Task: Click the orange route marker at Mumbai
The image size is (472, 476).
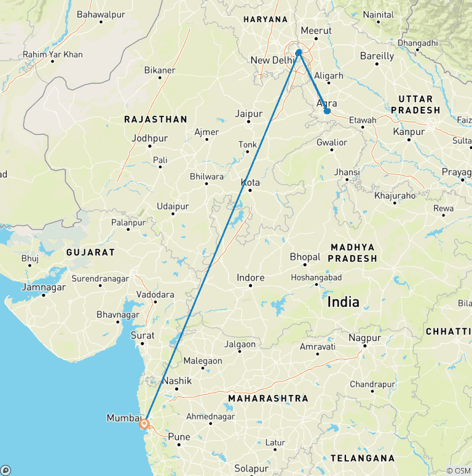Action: (x=144, y=423)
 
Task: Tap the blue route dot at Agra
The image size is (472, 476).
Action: (x=328, y=111)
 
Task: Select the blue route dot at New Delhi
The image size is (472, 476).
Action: (x=299, y=53)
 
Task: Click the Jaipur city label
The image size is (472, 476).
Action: (x=249, y=114)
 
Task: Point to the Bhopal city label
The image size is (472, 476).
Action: (x=305, y=257)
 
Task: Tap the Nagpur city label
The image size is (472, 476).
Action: (x=364, y=338)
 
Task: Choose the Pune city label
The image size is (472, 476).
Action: (x=179, y=437)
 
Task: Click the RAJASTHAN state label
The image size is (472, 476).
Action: (x=155, y=120)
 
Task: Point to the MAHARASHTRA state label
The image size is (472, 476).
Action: (x=268, y=399)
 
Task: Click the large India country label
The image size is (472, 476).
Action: (x=344, y=301)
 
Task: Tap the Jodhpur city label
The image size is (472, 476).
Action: (x=149, y=139)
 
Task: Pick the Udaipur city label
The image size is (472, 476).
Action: (x=173, y=206)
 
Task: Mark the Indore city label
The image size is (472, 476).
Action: (x=251, y=278)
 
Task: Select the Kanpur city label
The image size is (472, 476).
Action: (x=409, y=132)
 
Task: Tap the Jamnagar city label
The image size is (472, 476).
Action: (x=43, y=287)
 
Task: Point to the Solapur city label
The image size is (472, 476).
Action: (x=251, y=469)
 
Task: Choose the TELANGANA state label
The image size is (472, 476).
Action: (x=362, y=458)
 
